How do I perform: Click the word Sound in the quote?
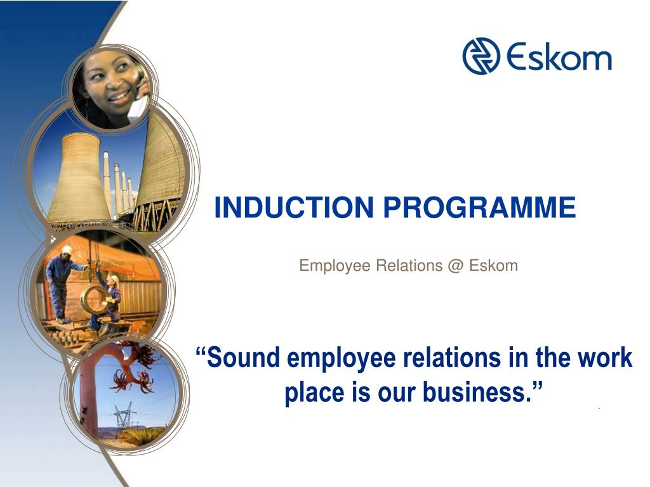(x=244, y=358)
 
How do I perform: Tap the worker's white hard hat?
(x=67, y=250)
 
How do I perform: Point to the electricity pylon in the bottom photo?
(x=124, y=415)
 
